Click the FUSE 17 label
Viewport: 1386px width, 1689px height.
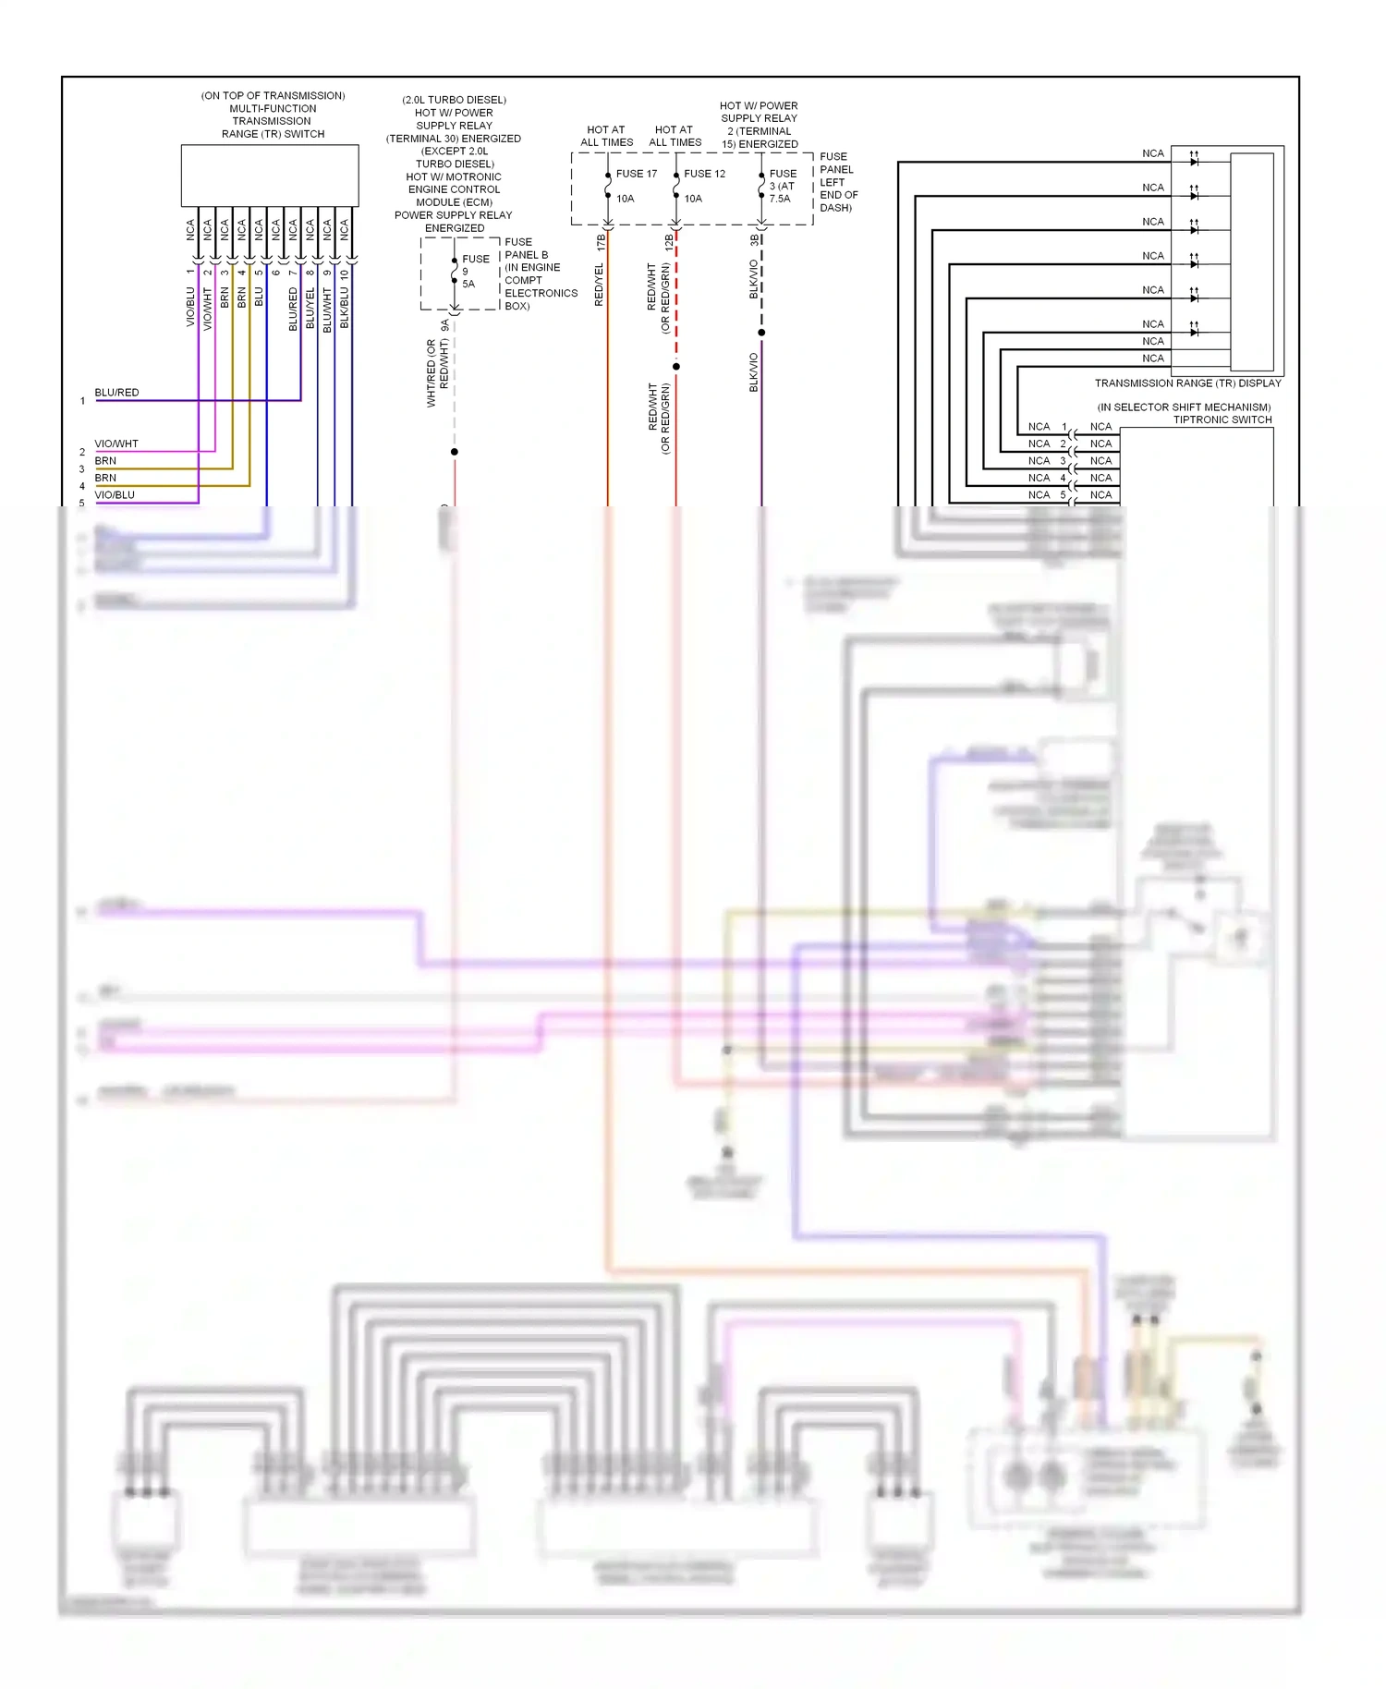tap(636, 174)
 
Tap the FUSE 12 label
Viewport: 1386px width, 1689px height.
tap(704, 174)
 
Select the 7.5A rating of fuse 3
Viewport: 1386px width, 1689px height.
tap(780, 199)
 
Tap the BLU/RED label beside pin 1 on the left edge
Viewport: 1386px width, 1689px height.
tap(116, 393)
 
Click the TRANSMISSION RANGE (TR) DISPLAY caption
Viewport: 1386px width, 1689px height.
tap(1187, 383)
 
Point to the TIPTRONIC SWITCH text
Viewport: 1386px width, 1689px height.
tap(1222, 419)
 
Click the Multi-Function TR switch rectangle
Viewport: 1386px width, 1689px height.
tap(269, 175)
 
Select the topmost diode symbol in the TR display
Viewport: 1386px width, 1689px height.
tap(1194, 162)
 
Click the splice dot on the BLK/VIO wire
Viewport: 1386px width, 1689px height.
tap(761, 333)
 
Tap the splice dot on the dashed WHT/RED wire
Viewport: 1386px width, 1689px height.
tap(454, 452)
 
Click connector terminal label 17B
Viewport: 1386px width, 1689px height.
tap(601, 243)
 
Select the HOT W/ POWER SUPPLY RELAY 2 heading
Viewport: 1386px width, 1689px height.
tap(759, 125)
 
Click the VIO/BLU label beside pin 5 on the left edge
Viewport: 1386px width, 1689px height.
tap(115, 495)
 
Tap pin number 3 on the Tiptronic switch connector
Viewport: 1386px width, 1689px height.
tap(1063, 461)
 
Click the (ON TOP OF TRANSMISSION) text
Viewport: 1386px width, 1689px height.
tap(273, 96)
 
